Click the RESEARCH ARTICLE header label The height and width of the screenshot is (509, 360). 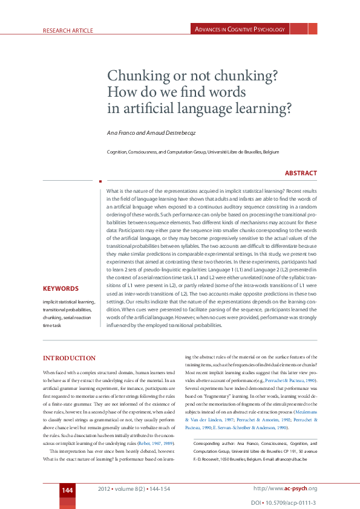tap(68, 30)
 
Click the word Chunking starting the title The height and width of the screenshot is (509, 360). tap(136, 77)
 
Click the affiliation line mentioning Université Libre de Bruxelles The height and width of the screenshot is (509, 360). tap(192, 153)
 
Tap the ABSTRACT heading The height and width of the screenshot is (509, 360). tap(301, 173)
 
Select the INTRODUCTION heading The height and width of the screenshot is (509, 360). tap(70, 358)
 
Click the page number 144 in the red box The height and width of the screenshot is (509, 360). tap(67, 490)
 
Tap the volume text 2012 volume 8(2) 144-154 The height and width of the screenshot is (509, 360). tap(134, 488)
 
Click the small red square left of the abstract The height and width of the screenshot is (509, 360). tap(100, 180)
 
